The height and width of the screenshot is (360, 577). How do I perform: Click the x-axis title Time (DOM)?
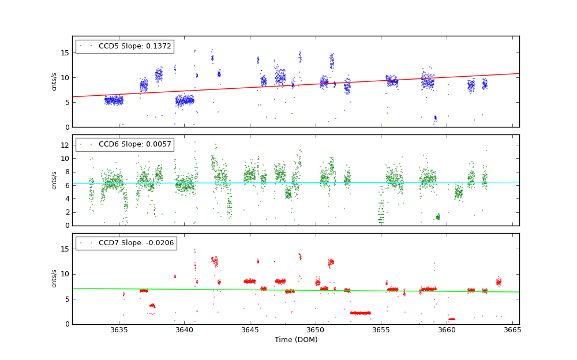(x=295, y=340)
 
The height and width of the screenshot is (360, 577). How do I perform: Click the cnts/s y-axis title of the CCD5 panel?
(x=54, y=81)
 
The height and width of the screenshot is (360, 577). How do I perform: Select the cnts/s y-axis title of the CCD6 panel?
(x=54, y=180)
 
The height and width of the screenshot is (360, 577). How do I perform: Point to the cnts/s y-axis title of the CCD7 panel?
(x=54, y=278)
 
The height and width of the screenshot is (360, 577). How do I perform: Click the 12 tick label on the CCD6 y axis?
(x=65, y=145)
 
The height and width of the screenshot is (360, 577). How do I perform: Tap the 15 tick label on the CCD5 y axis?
(x=65, y=52)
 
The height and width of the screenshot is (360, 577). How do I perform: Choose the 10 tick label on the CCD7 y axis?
(x=65, y=274)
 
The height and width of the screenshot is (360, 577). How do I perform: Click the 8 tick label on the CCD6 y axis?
(x=66, y=172)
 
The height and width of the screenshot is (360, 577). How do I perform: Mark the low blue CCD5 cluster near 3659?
(x=435, y=118)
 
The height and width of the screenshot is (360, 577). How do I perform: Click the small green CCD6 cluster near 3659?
(x=438, y=217)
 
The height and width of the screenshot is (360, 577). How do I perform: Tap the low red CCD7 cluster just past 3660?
(x=452, y=319)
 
